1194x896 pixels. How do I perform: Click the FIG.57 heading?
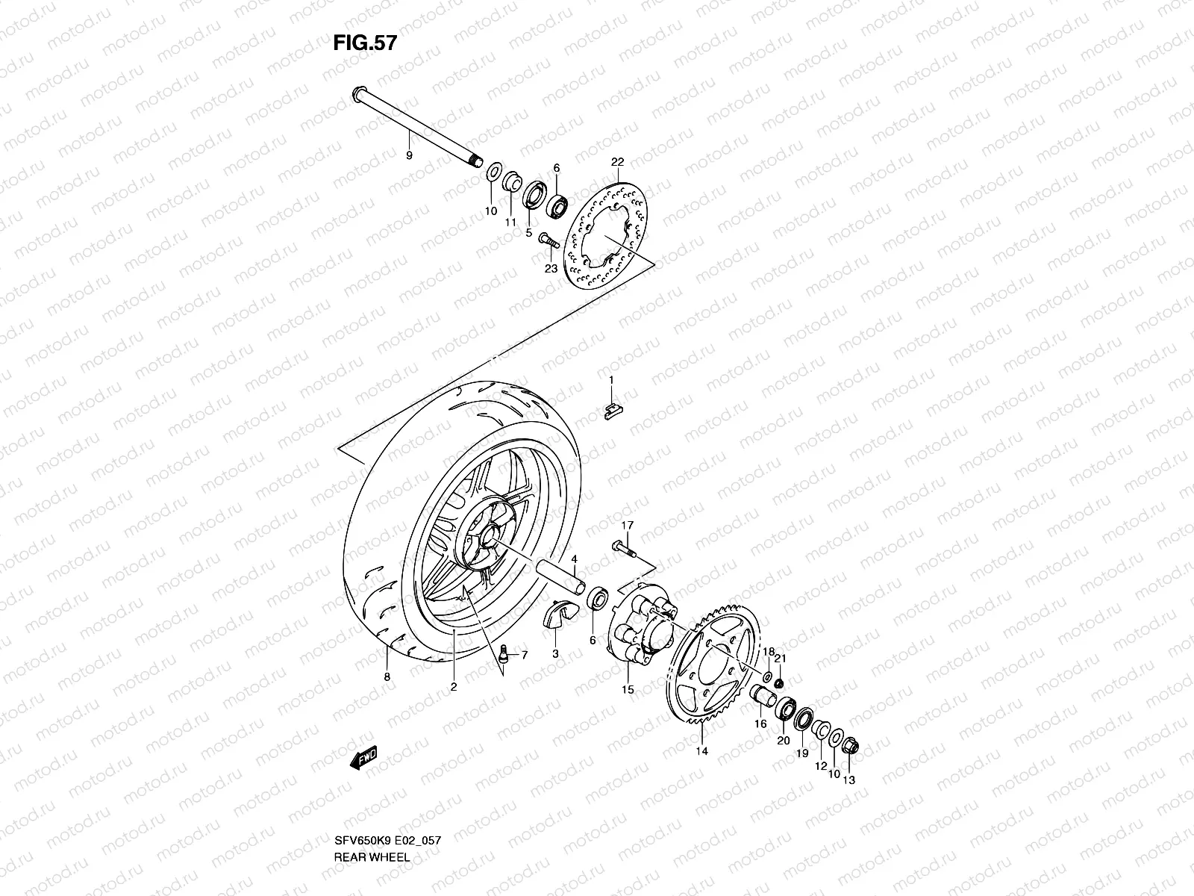(x=365, y=43)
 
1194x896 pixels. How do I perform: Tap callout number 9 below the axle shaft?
(x=409, y=155)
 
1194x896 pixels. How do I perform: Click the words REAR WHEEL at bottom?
(x=371, y=815)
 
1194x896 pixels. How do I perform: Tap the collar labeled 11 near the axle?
(x=510, y=181)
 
